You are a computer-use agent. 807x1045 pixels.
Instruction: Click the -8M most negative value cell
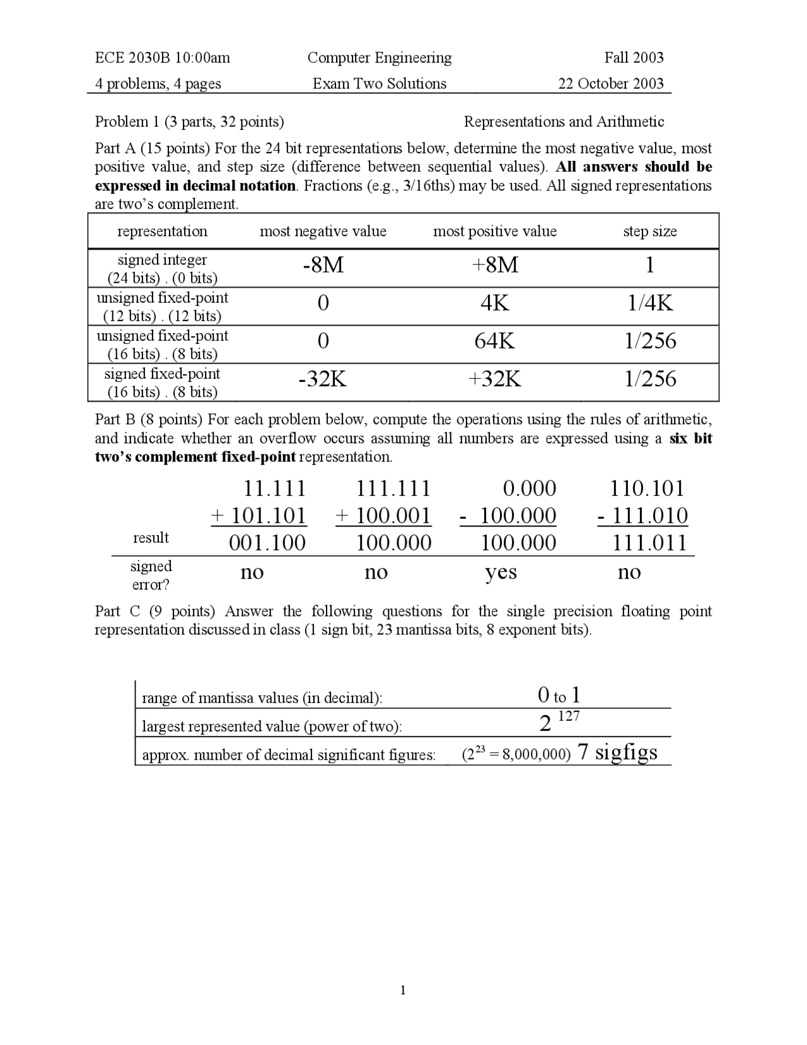323,266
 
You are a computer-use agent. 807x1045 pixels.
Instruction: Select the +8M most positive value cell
495,266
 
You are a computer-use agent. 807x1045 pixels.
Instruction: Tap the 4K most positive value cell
495,304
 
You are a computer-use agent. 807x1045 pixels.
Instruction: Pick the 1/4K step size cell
650,304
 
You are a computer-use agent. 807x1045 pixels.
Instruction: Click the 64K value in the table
495,341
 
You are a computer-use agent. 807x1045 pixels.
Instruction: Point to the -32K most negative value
323,379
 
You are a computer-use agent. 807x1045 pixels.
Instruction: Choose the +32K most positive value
495,379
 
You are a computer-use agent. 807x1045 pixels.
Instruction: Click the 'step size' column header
650,232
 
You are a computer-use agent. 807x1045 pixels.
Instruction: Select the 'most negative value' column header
323,232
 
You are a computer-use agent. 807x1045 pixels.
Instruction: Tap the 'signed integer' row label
162,260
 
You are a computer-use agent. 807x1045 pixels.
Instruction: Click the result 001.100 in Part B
267,543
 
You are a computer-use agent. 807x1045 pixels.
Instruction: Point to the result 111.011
649,543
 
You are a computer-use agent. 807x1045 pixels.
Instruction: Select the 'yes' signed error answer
501,572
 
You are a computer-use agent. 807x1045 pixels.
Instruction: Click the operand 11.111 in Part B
274,488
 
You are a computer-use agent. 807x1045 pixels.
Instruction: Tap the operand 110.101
647,488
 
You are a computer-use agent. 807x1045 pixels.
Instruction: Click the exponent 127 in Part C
569,716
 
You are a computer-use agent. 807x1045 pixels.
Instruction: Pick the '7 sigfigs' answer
617,752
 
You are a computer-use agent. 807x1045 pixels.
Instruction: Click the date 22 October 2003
610,84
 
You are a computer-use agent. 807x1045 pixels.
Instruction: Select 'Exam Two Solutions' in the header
380,84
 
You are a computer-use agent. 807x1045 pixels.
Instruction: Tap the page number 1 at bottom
403,990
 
